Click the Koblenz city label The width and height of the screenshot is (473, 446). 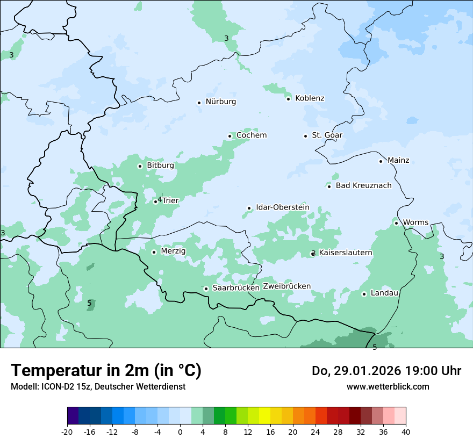tap(310, 98)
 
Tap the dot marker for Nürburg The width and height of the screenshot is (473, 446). tap(199, 103)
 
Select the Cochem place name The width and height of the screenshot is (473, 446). tap(252, 135)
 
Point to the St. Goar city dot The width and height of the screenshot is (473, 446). tap(305, 136)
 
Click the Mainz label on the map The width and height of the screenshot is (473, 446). tap(398, 161)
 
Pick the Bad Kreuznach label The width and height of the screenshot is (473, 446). tap(363, 186)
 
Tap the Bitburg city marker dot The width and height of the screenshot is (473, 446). tap(140, 166)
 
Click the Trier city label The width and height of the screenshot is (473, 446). tap(170, 200)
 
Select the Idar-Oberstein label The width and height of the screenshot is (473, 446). tap(283, 207)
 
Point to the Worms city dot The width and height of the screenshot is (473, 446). tap(396, 223)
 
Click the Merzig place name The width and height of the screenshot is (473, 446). tap(173, 251)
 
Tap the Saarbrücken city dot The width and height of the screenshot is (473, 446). tap(206, 289)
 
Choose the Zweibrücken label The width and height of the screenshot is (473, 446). tap(286, 286)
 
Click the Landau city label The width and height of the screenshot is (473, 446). tap(384, 293)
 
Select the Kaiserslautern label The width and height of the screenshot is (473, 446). tap(346, 253)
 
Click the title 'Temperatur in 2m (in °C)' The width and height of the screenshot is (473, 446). tap(106, 371)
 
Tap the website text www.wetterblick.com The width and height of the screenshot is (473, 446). tap(388, 387)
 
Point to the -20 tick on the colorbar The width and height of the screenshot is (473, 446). tap(67, 432)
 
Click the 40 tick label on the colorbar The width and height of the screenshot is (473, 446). tap(406, 432)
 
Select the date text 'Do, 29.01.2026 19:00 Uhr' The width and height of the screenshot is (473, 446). tap(386, 371)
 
